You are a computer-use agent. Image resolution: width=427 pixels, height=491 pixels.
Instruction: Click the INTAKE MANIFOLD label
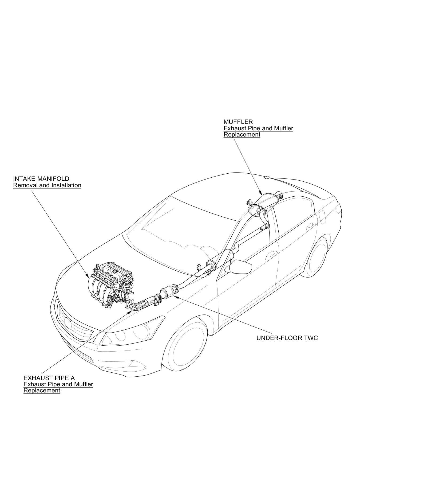coord(41,179)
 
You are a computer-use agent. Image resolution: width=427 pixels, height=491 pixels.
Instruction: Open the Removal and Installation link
coord(47,185)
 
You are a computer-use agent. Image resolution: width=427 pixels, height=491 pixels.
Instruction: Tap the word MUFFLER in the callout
coord(238,122)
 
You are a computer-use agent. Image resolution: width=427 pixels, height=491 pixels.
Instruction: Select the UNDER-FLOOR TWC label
coord(287,338)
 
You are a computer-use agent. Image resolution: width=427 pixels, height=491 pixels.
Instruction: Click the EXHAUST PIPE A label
coord(49,378)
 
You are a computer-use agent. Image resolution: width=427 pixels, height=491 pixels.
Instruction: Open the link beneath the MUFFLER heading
coord(258,131)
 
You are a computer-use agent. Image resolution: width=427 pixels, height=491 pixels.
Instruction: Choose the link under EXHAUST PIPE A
coord(58,387)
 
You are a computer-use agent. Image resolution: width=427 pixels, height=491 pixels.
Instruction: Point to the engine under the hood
coord(112,286)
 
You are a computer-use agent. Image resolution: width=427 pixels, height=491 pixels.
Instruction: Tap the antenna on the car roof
coord(267,177)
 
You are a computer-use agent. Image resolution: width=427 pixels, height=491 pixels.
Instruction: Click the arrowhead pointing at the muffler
coord(261,193)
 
